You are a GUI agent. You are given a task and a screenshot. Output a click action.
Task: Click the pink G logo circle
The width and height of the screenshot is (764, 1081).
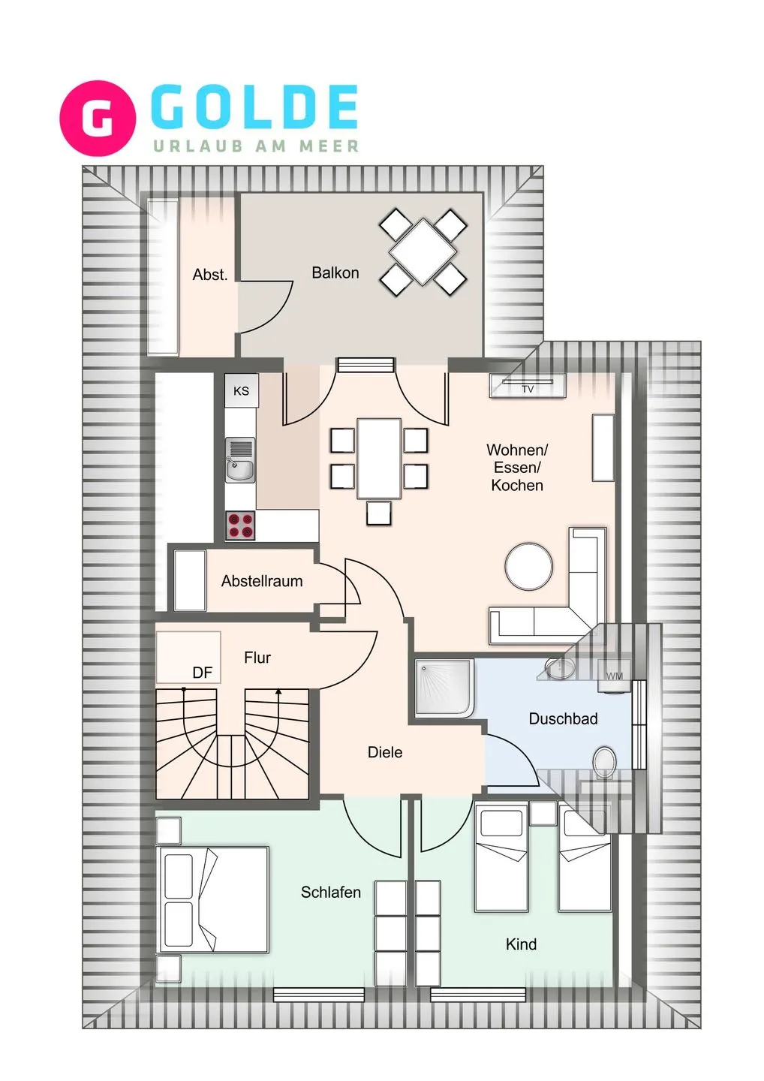click(98, 118)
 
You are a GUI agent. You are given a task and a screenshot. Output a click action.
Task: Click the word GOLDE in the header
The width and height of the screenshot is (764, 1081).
click(254, 107)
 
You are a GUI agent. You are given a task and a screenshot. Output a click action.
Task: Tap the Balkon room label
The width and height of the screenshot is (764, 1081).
click(335, 273)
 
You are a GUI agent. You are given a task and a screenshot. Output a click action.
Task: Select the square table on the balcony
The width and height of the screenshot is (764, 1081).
click(423, 251)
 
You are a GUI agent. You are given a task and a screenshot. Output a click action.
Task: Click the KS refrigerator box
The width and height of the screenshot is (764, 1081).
click(241, 390)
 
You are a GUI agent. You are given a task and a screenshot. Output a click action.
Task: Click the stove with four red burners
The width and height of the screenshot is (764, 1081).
click(240, 525)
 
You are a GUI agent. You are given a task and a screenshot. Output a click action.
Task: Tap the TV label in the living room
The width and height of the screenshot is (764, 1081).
click(528, 389)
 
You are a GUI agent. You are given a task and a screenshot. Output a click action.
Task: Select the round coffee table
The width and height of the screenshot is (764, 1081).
click(528, 566)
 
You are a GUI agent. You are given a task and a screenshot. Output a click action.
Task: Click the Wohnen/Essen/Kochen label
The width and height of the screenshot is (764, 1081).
click(517, 467)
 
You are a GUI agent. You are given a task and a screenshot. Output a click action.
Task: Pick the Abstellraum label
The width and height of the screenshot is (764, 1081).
click(262, 581)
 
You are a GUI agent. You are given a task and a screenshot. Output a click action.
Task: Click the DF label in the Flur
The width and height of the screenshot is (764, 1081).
click(202, 673)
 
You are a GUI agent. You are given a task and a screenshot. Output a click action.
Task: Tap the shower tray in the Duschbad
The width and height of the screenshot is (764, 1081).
click(444, 687)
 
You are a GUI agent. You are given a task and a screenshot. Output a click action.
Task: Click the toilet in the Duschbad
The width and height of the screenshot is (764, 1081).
click(604, 761)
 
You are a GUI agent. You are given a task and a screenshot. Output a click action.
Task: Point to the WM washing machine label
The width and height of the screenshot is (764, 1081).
click(615, 676)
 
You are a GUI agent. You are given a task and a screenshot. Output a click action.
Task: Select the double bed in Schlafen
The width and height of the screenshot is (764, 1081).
click(213, 899)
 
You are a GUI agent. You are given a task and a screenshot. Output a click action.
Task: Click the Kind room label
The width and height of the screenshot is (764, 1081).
click(521, 944)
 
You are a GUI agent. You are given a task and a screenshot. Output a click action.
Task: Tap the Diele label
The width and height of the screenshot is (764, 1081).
click(385, 752)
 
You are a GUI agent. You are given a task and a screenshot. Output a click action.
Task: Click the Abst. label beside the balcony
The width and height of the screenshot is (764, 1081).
click(209, 275)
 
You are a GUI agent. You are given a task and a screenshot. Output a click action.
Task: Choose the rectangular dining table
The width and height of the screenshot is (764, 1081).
click(379, 459)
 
